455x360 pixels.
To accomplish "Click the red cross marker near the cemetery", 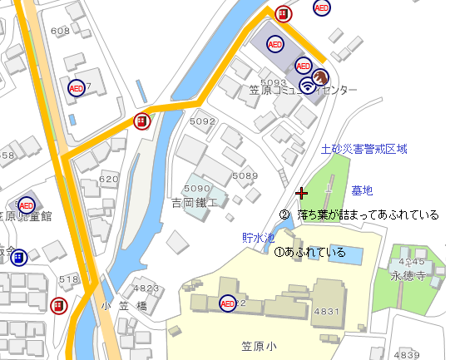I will (302, 193).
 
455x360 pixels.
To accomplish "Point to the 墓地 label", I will (363, 190).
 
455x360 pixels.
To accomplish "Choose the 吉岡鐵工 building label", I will (194, 203).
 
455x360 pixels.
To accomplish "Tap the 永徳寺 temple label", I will (408, 275).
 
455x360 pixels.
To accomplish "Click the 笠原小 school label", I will (258, 343).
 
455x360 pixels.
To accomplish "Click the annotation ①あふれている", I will (309, 251).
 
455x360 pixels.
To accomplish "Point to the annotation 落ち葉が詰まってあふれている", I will (368, 215).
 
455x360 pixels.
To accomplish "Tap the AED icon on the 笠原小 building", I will (227, 303).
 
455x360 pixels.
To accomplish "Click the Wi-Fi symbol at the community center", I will (308, 84).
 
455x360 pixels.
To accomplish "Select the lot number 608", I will (60, 31).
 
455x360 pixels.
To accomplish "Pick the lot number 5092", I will (202, 121).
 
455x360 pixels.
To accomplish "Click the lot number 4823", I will (146, 288).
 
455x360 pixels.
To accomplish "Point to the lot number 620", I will (108, 179).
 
